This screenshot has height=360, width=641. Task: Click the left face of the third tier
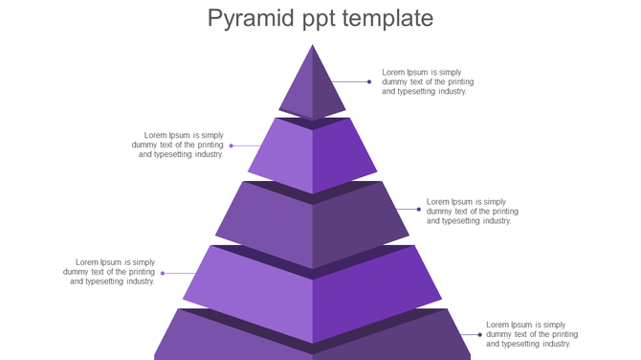point(268,225)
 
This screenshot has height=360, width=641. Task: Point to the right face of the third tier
point(359,225)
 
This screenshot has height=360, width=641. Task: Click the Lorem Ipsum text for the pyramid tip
point(428,81)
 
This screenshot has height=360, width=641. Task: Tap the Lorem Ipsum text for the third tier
point(473,212)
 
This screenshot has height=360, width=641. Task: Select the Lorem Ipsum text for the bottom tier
point(532,334)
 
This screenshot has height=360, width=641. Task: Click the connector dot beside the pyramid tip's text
point(369,82)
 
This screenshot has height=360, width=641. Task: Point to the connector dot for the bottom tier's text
point(480,335)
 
